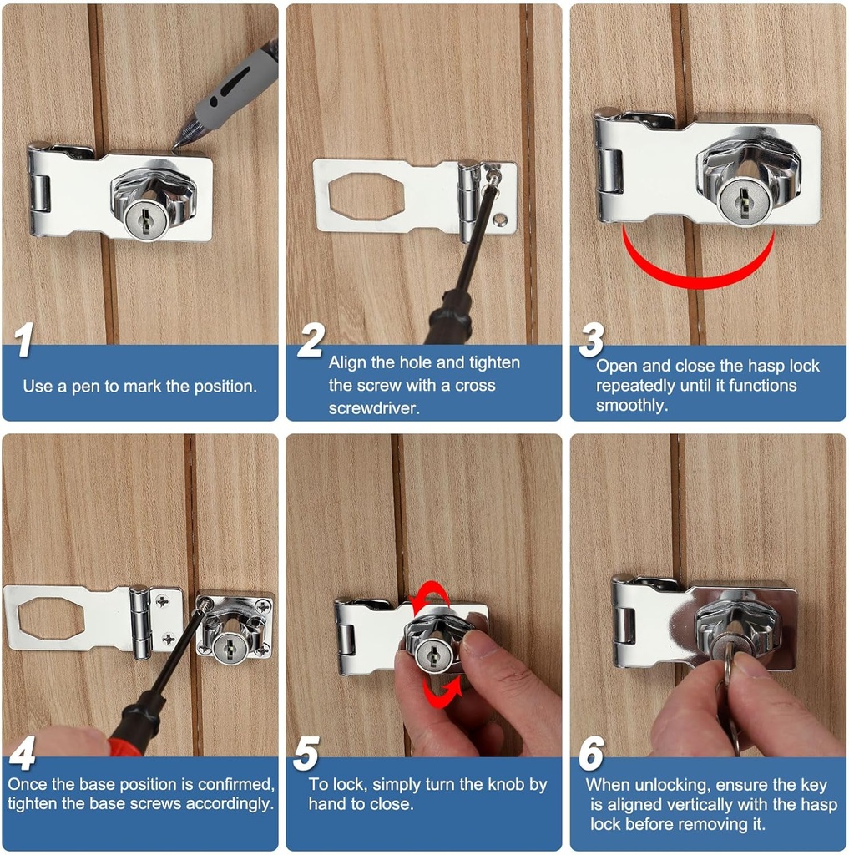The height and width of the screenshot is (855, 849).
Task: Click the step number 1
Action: point(25,341)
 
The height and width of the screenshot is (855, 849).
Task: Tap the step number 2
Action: point(310,341)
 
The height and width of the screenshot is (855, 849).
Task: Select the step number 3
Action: point(591,341)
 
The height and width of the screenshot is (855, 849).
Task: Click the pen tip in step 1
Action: point(176,147)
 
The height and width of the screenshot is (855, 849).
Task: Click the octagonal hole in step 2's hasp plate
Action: point(366,197)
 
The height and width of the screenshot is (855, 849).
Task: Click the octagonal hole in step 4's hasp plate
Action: point(50,618)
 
